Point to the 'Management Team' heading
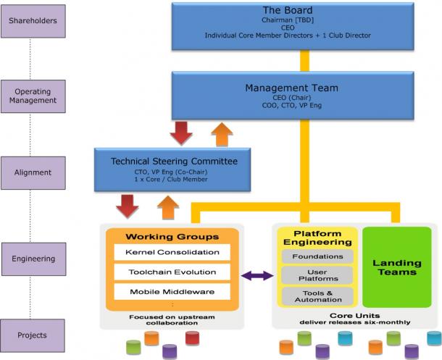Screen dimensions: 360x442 pyautogui.click(x=292, y=88)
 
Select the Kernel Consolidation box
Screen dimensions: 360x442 pyautogui.click(x=172, y=252)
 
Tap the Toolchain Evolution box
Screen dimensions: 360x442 pyautogui.click(x=172, y=272)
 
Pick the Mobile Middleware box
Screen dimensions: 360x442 pyautogui.click(x=172, y=292)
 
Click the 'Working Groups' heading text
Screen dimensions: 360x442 pyautogui.click(x=172, y=237)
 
